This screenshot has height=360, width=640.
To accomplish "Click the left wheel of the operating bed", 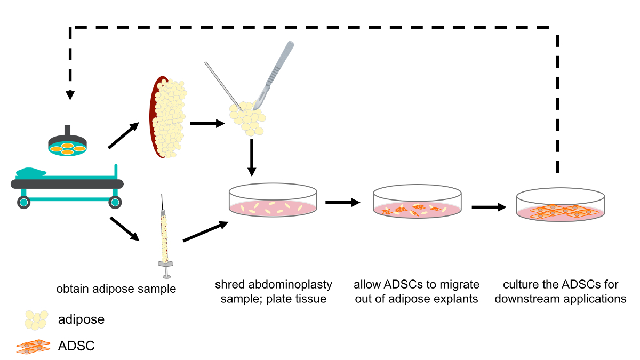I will (x=23, y=202).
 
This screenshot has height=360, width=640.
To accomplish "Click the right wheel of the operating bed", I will (x=115, y=202).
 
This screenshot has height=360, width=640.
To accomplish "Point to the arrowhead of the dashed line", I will (x=70, y=95).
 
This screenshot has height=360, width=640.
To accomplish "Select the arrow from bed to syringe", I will (x=125, y=229).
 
